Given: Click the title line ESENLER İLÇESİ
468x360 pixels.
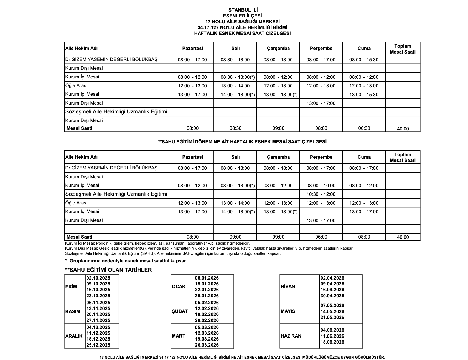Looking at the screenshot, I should pyautogui.click(x=242, y=16).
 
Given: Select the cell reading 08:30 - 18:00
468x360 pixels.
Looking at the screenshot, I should pyautogui.click(x=235, y=60).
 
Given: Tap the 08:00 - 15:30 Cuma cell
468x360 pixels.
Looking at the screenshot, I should pyautogui.click(x=364, y=60).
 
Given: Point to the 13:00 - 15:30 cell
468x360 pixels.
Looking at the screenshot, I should pyautogui.click(x=364, y=95).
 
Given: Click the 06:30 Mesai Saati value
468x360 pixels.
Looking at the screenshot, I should pyautogui.click(x=364, y=128).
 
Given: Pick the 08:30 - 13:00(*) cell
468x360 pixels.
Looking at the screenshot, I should pyautogui.click(x=238, y=77).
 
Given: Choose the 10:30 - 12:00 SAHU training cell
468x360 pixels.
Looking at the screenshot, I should pyautogui.click(x=321, y=194).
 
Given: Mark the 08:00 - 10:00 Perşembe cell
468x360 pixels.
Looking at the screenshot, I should pyautogui.click(x=321, y=186).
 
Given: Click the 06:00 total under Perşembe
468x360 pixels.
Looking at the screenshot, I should pyautogui.click(x=321, y=237).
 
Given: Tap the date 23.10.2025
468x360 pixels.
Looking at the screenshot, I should pyautogui.click(x=98, y=296).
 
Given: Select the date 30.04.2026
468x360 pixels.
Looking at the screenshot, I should pyautogui.click(x=332, y=296).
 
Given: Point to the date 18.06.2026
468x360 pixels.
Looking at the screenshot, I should pyautogui.click(x=332, y=342).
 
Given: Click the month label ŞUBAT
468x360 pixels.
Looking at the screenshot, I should pyautogui.click(x=180, y=311).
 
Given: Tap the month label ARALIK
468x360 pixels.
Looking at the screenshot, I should pyautogui.click(x=74, y=336).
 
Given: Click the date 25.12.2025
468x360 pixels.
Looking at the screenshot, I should pyautogui.click(x=98, y=345).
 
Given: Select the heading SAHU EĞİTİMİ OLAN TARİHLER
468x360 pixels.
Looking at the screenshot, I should pyautogui.click(x=108, y=270).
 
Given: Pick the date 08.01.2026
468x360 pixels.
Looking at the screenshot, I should pyautogui.click(x=207, y=278).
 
